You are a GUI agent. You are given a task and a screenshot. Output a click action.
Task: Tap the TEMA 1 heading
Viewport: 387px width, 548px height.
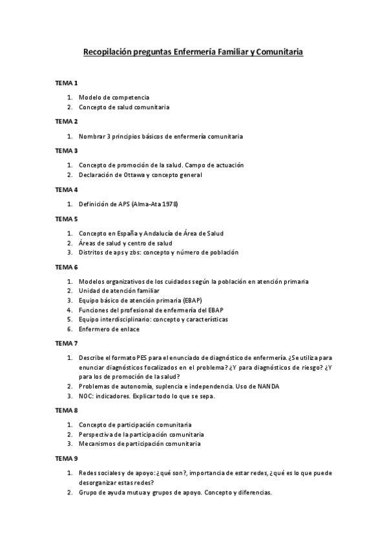67,83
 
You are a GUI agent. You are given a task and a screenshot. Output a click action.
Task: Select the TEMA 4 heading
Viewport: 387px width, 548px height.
67,190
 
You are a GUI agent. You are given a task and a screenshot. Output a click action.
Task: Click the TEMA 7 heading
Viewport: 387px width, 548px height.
67,342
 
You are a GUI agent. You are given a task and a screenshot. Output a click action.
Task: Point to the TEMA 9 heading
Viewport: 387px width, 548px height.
67,458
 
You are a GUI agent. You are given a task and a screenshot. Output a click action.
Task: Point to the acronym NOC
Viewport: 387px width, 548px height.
86,396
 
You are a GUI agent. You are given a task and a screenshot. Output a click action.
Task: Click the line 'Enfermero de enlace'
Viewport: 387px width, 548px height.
109,329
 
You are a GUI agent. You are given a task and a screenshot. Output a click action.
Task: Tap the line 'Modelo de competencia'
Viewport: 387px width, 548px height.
114,97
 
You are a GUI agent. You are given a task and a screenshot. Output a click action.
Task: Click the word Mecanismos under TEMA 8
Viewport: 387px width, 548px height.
96,444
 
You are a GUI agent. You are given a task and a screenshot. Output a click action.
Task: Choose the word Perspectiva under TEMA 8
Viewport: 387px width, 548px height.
96,434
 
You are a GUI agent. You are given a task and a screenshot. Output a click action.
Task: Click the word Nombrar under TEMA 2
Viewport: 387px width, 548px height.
92,136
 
